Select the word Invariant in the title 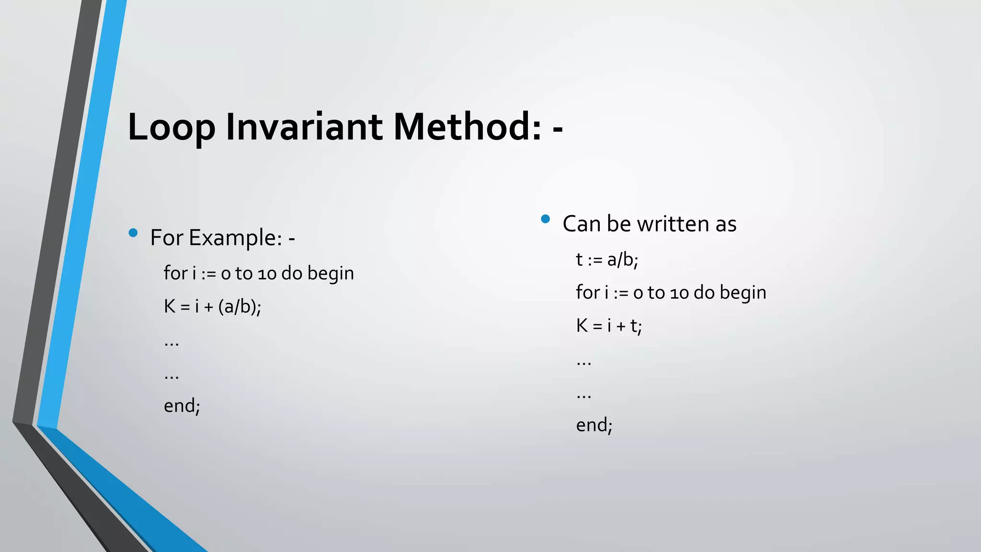304,127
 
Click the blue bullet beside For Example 133,233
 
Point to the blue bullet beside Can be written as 545,219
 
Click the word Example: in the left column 235,238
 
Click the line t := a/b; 607,260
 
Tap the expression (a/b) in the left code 238,306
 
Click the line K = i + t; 609,326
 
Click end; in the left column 182,406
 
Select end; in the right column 594,425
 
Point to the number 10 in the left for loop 267,274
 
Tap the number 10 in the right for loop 679,293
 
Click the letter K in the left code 170,306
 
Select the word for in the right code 588,292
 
